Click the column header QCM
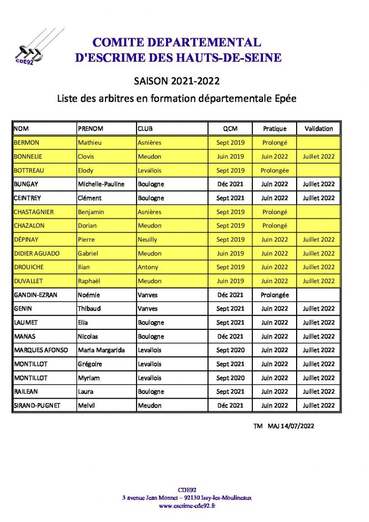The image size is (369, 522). (230, 128)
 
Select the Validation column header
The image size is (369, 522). (319, 128)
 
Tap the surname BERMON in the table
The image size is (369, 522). (27, 143)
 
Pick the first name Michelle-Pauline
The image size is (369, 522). (101, 184)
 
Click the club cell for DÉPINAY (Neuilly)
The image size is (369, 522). (147, 240)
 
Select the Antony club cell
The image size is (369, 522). (148, 267)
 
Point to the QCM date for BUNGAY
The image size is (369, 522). (230, 184)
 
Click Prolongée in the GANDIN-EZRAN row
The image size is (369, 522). (275, 295)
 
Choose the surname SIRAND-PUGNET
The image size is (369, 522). (36, 405)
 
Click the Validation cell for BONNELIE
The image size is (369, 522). (319, 156)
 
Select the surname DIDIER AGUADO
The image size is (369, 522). (36, 253)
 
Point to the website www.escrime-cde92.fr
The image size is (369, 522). (187, 506)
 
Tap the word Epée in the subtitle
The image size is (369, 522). (284, 98)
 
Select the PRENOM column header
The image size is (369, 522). (91, 128)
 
